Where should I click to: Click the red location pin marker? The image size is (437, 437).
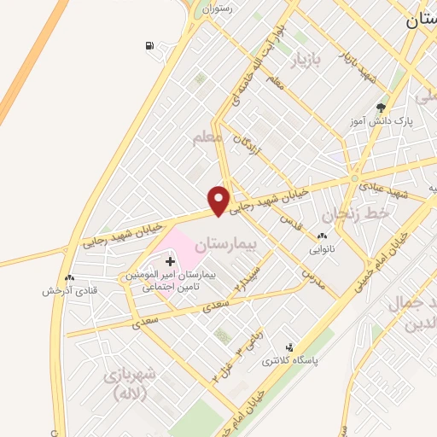point(219,200)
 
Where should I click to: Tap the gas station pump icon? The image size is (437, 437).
point(151,45)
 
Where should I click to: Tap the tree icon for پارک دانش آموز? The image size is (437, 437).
point(381,108)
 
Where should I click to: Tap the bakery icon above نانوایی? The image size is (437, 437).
point(322,236)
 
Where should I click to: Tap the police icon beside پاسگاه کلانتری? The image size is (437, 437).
point(292,347)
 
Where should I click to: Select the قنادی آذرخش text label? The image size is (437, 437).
point(69,290)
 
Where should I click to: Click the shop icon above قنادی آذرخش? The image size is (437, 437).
point(70,277)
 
